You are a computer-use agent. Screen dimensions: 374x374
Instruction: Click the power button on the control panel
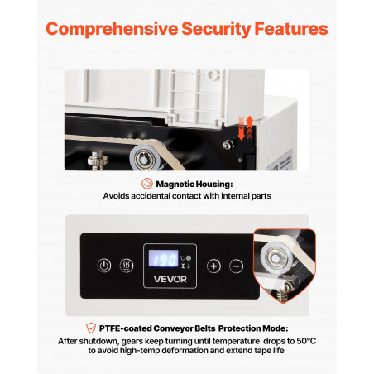coord(104,266)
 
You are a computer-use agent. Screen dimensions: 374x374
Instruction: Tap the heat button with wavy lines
coord(127,266)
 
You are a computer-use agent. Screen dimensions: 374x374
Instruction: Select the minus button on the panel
coord(237,266)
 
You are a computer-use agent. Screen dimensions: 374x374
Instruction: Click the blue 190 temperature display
coord(164,258)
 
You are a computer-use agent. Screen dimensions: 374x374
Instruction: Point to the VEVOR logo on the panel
coord(170,279)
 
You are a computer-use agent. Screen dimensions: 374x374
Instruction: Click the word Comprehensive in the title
coord(112,29)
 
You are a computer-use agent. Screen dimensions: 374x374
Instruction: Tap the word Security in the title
coord(216,29)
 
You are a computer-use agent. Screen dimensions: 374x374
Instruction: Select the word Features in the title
coord(291,29)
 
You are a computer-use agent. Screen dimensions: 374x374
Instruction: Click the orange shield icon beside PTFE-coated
coord(91,328)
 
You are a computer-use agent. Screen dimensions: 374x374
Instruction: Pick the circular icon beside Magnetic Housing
coord(147,184)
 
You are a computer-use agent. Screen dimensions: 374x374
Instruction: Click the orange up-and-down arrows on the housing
coord(246,127)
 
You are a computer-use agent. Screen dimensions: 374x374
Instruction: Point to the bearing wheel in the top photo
coord(144,158)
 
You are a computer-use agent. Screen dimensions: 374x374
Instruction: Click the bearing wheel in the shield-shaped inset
coord(275,257)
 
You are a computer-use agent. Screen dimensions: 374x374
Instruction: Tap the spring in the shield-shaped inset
coord(282,295)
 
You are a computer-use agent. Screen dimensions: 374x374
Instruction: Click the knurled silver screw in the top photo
coord(98,161)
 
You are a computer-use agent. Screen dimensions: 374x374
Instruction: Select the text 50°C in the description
coord(306,341)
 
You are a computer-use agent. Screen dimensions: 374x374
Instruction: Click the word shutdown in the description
coord(99,341)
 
